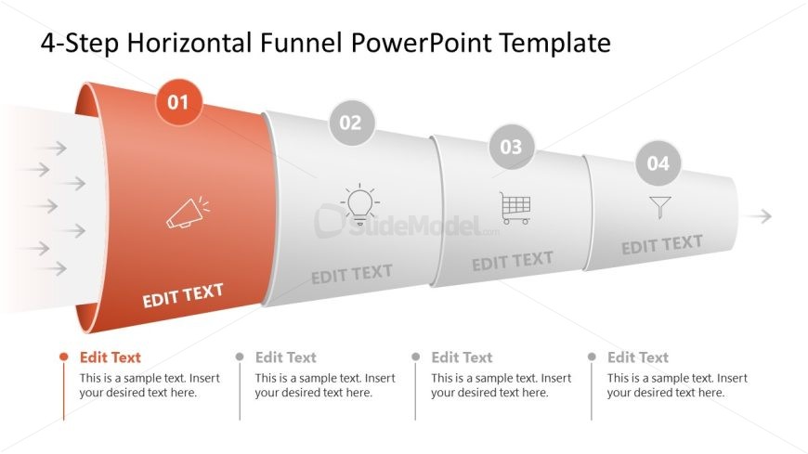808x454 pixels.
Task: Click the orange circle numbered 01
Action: tap(178, 102)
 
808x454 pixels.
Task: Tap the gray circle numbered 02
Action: tap(351, 123)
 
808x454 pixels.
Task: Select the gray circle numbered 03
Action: tap(511, 147)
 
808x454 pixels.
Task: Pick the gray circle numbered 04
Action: tap(658, 163)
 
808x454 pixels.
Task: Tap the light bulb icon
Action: tap(359, 204)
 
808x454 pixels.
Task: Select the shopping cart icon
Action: tap(515, 208)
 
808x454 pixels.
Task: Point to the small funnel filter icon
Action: tap(660, 208)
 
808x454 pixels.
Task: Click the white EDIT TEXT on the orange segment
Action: tap(183, 295)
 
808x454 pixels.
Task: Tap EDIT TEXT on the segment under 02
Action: tap(352, 274)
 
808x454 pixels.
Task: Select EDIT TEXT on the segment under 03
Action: tap(513, 261)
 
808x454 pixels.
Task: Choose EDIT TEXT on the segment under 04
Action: tap(662, 245)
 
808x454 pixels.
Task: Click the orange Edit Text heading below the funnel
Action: tap(111, 357)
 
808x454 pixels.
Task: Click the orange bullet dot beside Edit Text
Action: tap(64, 357)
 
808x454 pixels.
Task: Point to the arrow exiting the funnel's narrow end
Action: tap(757, 216)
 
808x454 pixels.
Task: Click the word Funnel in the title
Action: tap(301, 43)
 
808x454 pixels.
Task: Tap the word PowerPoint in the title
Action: tap(421, 43)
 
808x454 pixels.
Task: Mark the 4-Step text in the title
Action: tap(80, 44)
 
